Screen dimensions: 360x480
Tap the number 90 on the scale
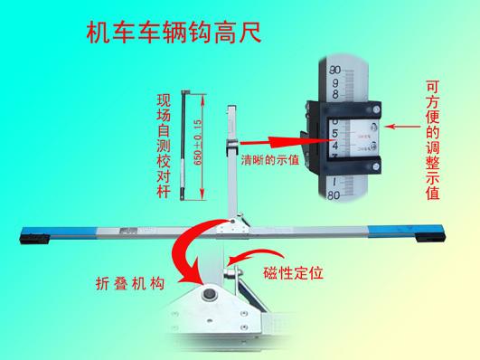point(335,70)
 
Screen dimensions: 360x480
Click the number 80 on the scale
point(335,194)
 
